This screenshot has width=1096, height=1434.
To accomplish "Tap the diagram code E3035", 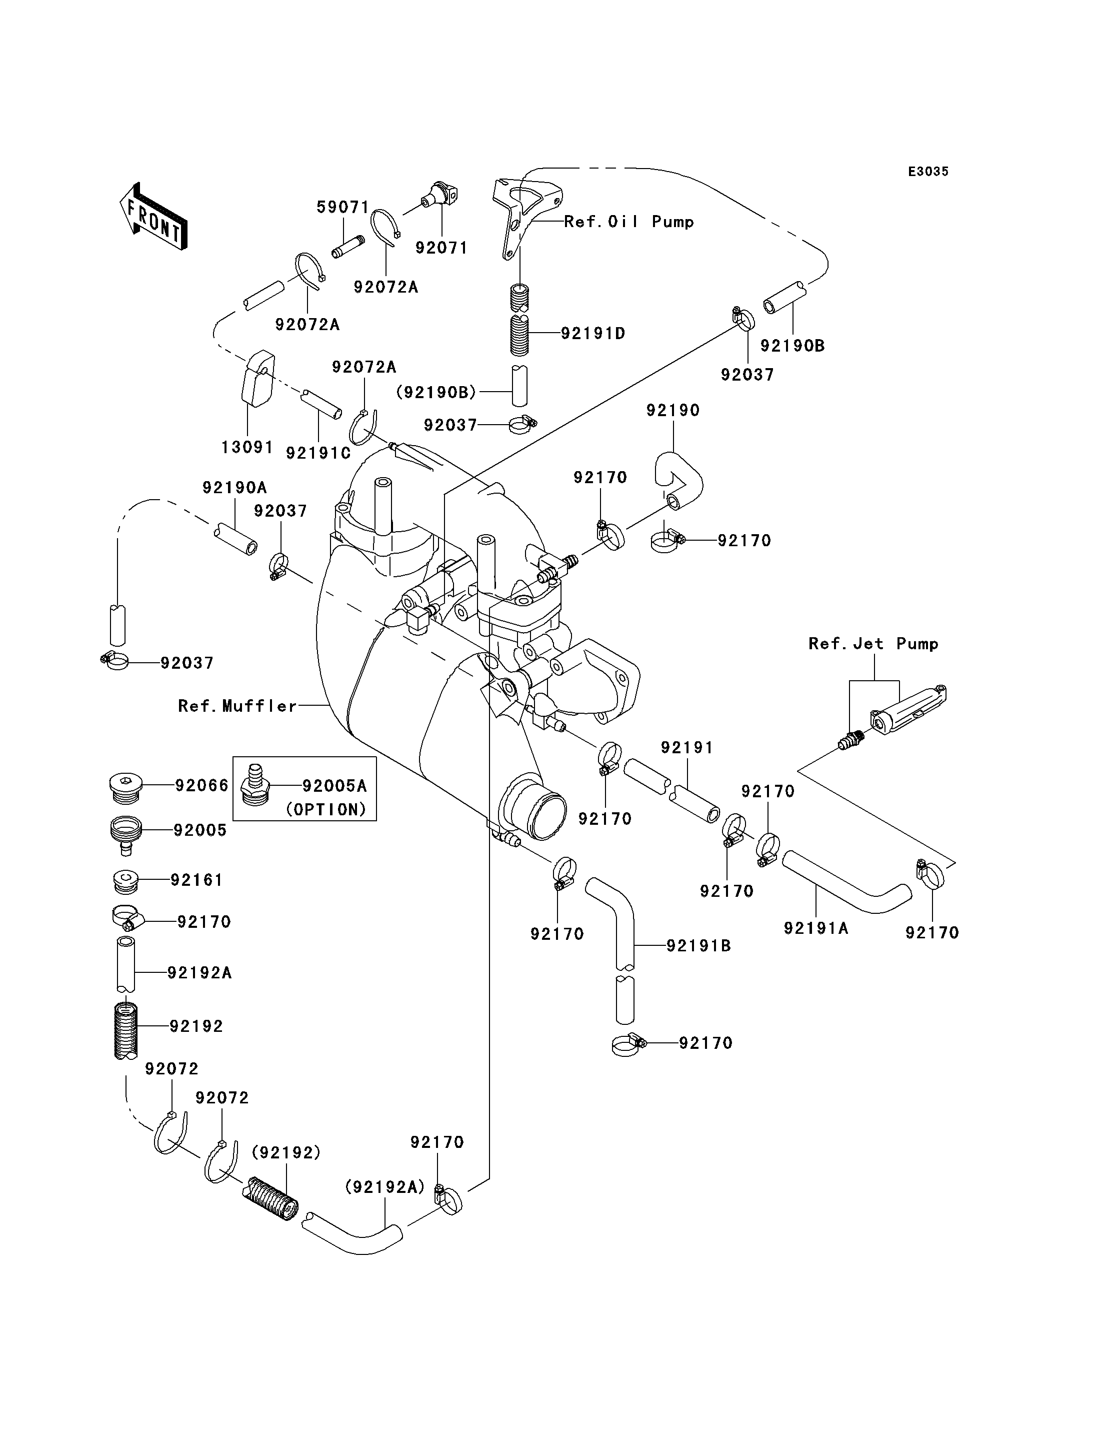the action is (x=928, y=172).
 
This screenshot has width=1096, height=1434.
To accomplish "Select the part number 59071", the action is (x=343, y=208).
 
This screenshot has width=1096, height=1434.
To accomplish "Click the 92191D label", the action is (x=593, y=334).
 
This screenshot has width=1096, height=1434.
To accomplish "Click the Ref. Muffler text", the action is (x=237, y=706).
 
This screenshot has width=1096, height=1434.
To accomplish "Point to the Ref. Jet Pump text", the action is (x=873, y=644).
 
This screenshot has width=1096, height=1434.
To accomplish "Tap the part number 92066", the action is (x=201, y=785).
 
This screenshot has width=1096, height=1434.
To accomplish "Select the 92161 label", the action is (x=196, y=880).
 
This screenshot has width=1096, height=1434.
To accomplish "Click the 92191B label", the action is (x=698, y=946).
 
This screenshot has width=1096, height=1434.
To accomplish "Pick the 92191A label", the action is (x=816, y=928).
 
